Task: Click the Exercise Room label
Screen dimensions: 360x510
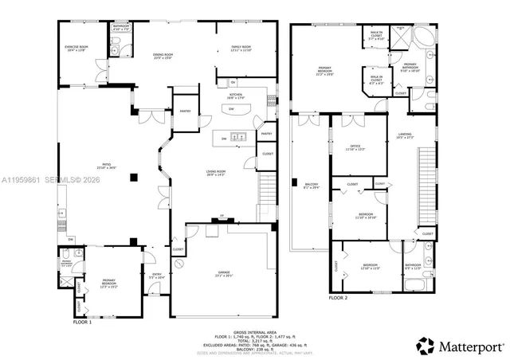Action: tap(76, 49)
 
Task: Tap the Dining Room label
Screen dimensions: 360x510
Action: tap(163, 56)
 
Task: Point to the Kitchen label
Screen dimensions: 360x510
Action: tap(236, 96)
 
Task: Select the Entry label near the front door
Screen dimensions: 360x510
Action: tap(156, 276)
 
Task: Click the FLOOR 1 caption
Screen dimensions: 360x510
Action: tap(83, 323)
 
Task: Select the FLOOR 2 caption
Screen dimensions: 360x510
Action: tap(338, 298)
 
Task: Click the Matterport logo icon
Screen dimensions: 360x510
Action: tap(426, 346)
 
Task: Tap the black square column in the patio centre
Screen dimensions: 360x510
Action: tap(135, 177)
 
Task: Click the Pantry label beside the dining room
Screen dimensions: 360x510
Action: tap(184, 112)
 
